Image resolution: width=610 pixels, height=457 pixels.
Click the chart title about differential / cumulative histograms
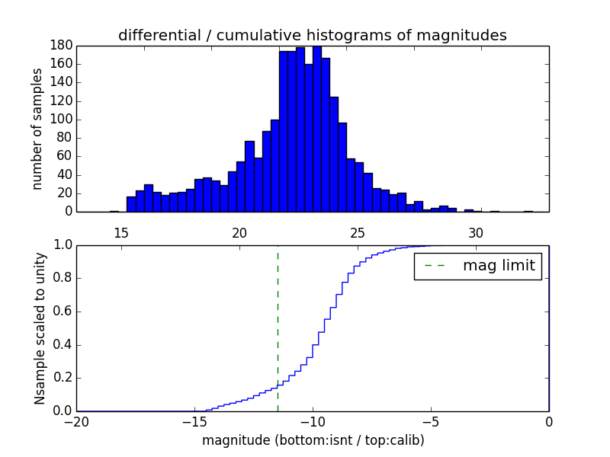click(x=312, y=35)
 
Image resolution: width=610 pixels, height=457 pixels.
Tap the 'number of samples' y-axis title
click(x=37, y=129)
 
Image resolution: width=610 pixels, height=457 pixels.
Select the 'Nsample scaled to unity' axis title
click(x=40, y=328)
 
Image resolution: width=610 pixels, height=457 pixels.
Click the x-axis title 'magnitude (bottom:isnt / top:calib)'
click(x=313, y=440)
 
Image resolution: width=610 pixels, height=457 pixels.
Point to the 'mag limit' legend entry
click(x=499, y=266)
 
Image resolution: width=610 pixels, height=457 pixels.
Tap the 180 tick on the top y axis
click(x=62, y=46)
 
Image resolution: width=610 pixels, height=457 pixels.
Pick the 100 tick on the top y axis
click(x=62, y=120)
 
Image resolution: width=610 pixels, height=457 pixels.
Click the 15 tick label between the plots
click(x=121, y=232)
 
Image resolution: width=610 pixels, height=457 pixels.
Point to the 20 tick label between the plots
click(x=239, y=232)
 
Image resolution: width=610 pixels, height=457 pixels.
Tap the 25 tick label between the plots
click(x=358, y=232)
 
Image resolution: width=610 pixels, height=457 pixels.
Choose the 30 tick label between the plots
click(x=476, y=232)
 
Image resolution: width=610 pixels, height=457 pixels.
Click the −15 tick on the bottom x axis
click(x=194, y=422)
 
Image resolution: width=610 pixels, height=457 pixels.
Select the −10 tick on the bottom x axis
click(x=312, y=422)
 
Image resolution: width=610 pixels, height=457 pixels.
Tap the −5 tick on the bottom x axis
click(x=430, y=422)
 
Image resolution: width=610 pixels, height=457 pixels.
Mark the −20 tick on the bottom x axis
click(x=75, y=422)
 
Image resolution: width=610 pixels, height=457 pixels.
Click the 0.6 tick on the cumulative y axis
click(x=62, y=312)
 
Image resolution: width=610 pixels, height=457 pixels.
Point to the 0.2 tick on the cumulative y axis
click(x=62, y=378)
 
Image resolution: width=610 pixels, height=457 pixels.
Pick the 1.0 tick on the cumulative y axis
click(x=62, y=245)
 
